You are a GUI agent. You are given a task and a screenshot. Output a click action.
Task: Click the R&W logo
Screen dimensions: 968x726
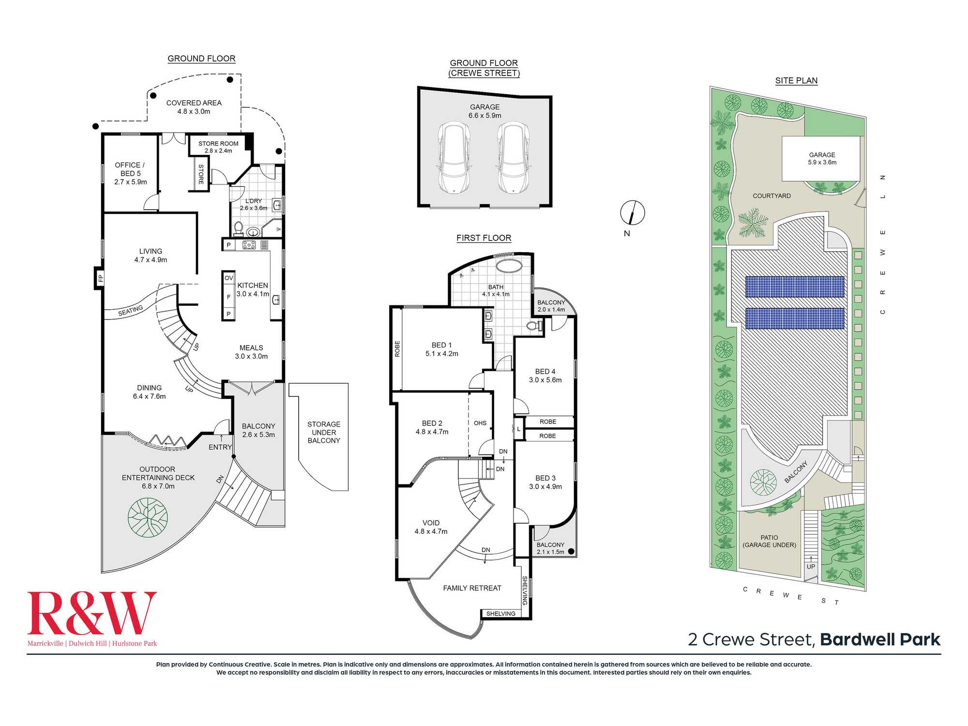pos(92,619)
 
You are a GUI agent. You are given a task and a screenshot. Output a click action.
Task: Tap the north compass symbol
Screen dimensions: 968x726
pos(633,212)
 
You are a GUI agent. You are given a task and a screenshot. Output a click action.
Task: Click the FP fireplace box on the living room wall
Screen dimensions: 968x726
pos(100,278)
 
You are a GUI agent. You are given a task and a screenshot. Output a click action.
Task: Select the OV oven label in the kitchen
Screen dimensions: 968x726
pos(228,278)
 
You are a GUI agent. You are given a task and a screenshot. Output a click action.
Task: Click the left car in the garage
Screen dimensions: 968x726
pos(454,157)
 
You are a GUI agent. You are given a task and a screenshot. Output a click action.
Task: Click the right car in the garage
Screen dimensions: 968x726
pos(514,157)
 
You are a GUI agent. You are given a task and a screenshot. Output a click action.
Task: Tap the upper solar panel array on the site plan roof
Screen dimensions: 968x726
pos(795,287)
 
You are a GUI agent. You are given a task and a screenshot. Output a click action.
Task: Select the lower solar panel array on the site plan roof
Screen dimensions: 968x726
pos(795,318)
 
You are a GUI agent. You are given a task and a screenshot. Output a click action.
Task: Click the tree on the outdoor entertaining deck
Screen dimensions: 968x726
pos(148,518)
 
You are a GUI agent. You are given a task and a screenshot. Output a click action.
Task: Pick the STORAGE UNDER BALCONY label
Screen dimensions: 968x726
pos(324,432)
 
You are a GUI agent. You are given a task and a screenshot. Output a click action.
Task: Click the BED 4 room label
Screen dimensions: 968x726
pos(545,372)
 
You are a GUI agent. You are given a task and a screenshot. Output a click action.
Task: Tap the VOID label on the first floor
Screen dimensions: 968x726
pos(431,523)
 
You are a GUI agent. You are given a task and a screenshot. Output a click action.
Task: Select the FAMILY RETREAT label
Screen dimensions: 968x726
pos(472,588)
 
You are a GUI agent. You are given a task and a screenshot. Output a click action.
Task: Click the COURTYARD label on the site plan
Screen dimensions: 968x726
pos(771,196)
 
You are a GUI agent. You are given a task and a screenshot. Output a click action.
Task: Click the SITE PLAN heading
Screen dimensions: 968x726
pos(796,81)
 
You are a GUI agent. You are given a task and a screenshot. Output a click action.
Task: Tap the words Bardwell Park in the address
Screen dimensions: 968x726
pos(880,639)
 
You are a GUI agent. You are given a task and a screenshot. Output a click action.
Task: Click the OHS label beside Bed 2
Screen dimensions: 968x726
pos(480,423)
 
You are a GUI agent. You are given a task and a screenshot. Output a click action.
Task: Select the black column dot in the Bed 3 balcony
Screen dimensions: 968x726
pos(571,551)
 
